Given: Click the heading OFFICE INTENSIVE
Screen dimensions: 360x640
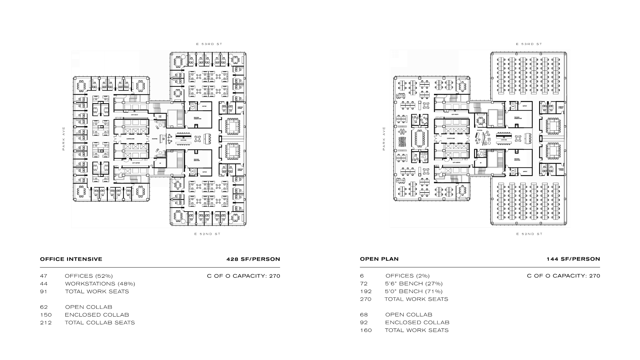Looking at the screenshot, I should [71, 259].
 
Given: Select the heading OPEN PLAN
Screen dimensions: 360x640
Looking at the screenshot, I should [379, 259].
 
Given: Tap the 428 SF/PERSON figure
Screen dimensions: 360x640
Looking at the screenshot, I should [253, 259].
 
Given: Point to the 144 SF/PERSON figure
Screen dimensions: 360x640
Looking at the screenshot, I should [573, 259].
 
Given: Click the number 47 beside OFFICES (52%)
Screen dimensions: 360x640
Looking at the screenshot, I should [44, 276].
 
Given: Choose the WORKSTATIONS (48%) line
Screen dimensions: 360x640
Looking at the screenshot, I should [100, 284].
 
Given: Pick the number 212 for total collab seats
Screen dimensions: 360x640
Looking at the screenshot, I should [46, 323].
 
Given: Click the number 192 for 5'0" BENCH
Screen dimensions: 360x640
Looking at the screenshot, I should [366, 291].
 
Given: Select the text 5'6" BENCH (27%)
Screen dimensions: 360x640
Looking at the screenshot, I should [414, 284].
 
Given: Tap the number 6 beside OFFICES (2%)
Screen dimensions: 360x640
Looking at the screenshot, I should [362, 276].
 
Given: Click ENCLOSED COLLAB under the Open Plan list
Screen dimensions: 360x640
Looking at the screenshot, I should [417, 322].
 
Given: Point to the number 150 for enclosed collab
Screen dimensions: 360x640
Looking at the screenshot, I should [46, 315].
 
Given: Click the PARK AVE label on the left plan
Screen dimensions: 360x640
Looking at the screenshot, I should [64, 138].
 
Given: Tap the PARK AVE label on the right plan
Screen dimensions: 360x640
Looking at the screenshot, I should [384, 138].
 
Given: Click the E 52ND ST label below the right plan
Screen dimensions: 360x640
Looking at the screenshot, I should [529, 234].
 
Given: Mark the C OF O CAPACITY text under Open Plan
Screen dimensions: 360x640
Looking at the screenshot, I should [563, 276].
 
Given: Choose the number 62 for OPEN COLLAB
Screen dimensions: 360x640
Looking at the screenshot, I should [44, 307].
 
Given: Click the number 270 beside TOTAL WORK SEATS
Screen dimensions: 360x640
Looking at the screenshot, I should [366, 299].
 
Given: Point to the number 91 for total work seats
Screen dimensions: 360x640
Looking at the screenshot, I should [44, 291].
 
